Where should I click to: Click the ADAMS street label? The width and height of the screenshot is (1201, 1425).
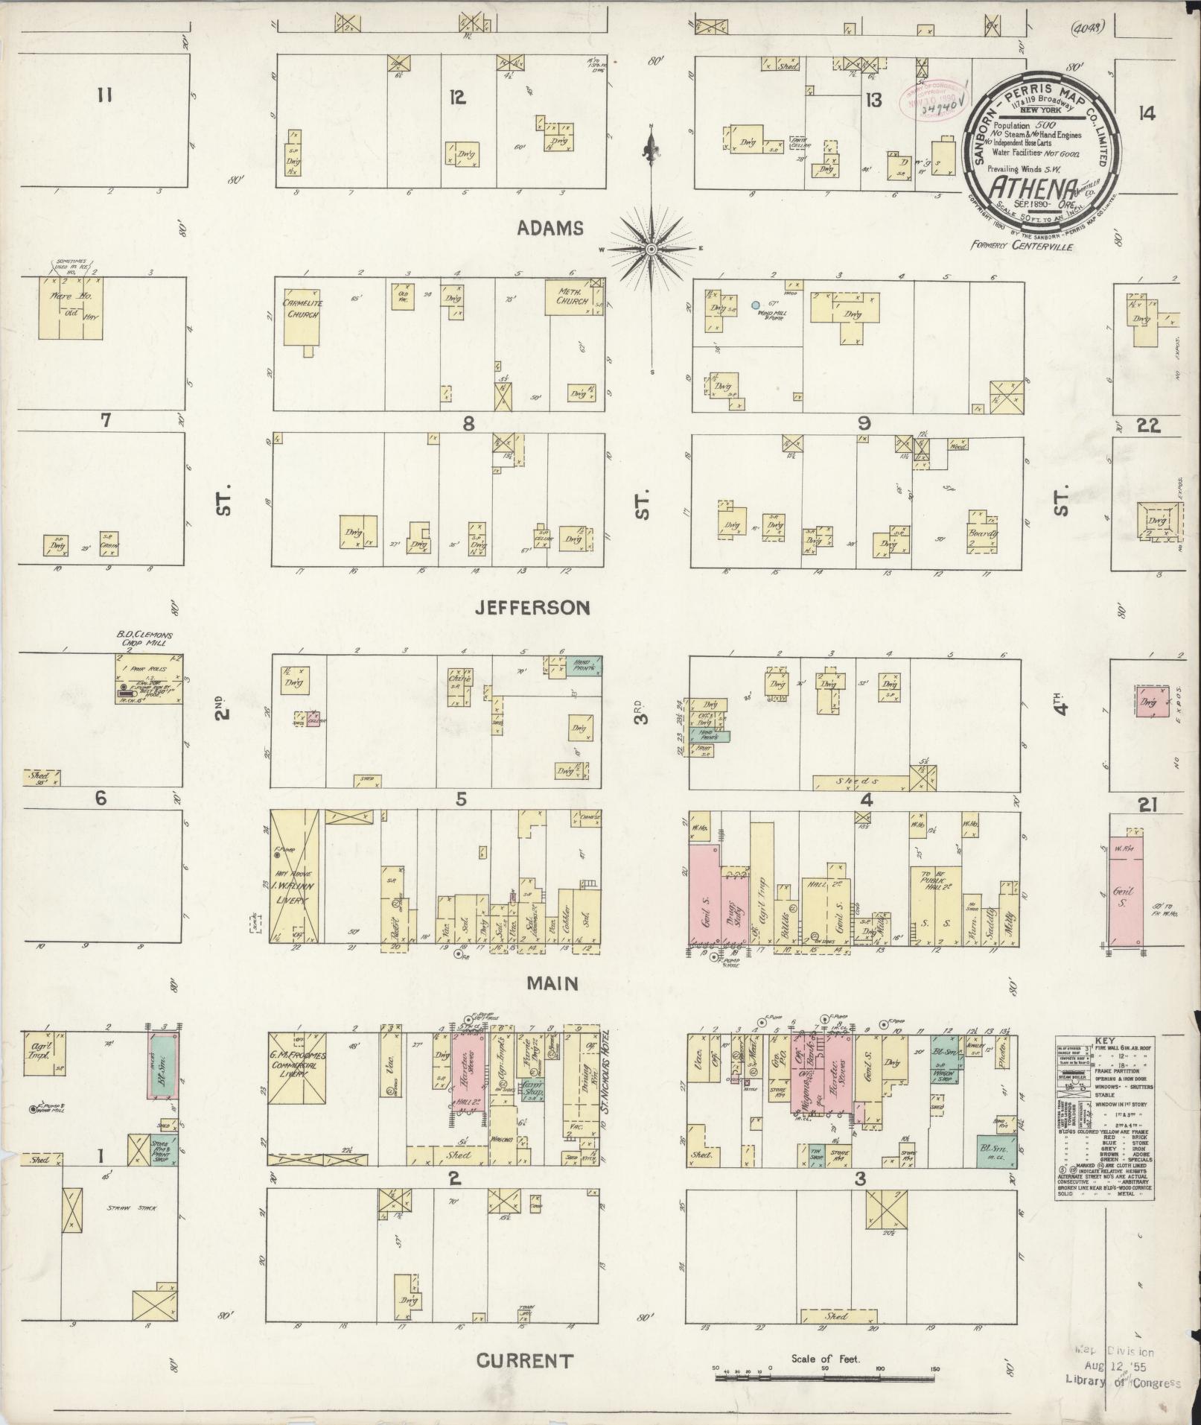[x=551, y=229]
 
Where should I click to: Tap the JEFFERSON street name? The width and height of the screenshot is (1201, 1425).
[x=533, y=608]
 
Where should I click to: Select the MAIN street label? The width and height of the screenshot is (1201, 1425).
[x=552, y=983]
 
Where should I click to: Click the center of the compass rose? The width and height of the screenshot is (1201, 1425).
[x=652, y=248]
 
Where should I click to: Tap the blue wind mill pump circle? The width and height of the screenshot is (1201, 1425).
[x=755, y=305]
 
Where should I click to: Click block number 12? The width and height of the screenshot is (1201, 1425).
[x=457, y=97]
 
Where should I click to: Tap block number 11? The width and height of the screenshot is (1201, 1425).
[x=103, y=95]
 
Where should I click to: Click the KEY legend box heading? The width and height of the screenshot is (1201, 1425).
[x=1104, y=1043]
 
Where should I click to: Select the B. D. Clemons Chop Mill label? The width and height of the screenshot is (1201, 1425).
[x=144, y=640]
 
